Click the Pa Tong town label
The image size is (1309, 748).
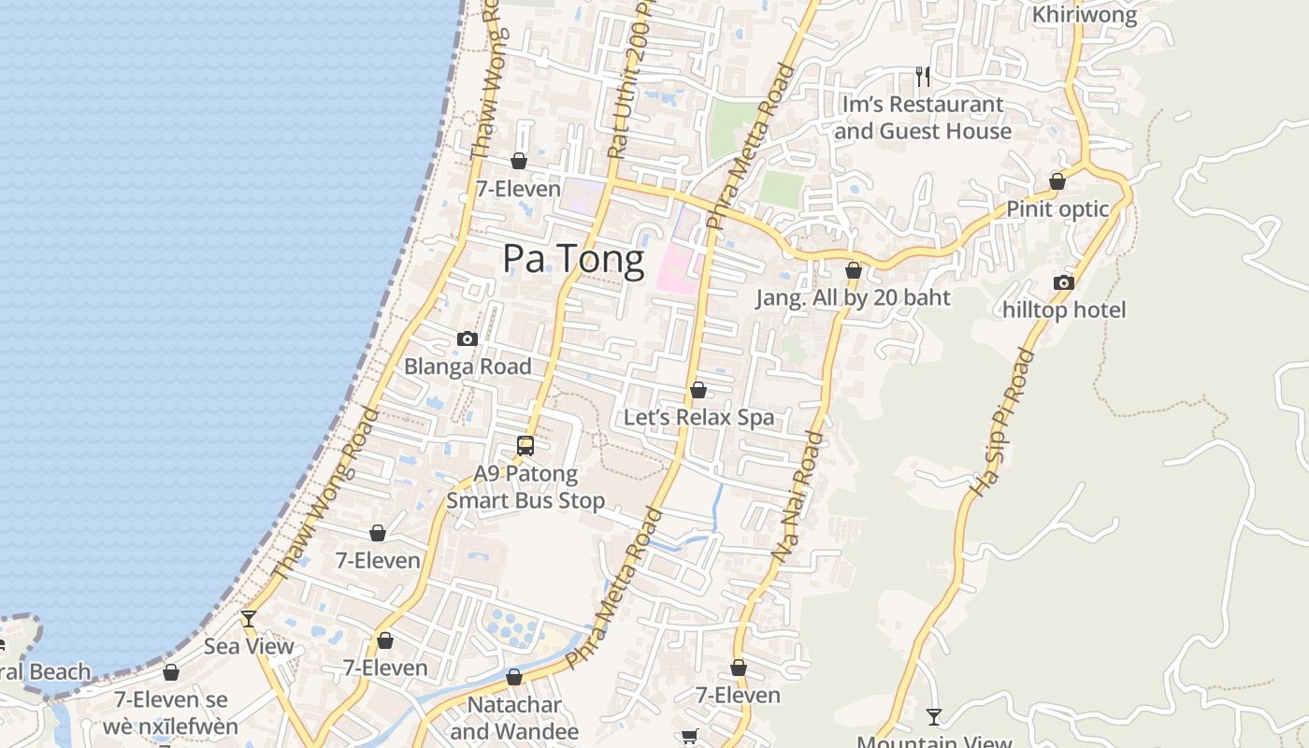[573, 259]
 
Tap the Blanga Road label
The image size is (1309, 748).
[467, 367]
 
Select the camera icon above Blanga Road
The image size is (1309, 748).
[467, 338]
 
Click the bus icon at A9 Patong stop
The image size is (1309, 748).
[525, 446]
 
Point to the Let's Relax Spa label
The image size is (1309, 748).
[698, 417]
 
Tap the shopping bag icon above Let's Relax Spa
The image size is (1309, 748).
[698, 390]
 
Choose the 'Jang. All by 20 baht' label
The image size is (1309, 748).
[853, 298]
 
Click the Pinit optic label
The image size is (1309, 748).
[1057, 209]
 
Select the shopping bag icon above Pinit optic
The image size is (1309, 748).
[1057, 181]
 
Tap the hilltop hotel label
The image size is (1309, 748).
[1064, 309]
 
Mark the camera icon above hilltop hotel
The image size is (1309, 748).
[1064, 282]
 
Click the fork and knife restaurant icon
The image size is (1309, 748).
[923, 77]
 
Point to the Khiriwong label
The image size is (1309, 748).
[1085, 15]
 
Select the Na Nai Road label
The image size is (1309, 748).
[799, 496]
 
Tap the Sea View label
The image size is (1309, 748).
[249, 646]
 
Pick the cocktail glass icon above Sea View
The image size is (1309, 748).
[249, 619]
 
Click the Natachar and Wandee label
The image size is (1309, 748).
[514, 718]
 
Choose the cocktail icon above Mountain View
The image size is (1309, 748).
[933, 717]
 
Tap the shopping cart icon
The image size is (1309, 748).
[690, 737]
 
